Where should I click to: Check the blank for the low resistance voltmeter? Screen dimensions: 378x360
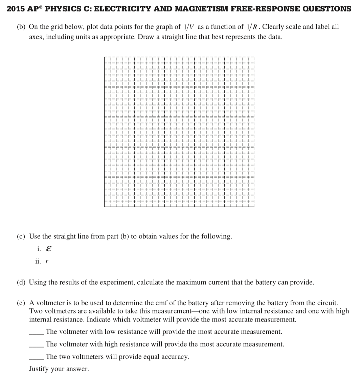36,332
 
